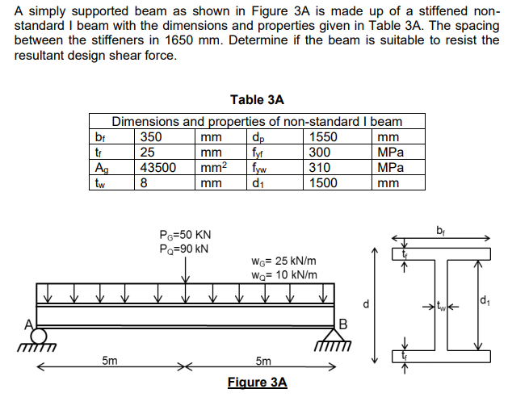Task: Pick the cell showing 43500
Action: [159, 167]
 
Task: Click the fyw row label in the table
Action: [259, 167]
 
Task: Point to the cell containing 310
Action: [321, 167]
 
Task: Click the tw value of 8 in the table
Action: [145, 182]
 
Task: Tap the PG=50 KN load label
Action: [186, 234]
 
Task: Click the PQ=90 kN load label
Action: [186, 248]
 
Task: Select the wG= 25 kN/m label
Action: [284, 261]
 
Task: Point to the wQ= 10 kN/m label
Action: [284, 274]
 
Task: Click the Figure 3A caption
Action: [257, 382]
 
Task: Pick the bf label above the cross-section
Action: [441, 228]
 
